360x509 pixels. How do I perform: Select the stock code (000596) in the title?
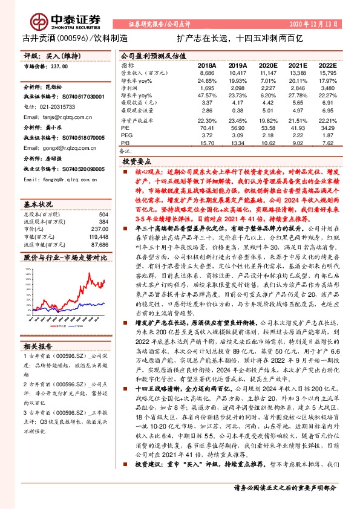coord(73,37)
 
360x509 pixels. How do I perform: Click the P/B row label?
coord(125,144)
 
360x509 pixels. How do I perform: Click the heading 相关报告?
coord(39,346)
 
